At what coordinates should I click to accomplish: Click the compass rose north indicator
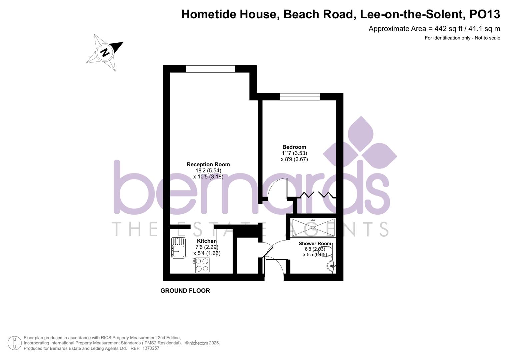[105, 52]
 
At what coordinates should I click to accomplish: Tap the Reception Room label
[208, 164]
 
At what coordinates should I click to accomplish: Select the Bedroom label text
[294, 147]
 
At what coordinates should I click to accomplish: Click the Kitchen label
[207, 241]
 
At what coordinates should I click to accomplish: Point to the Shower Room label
[315, 244]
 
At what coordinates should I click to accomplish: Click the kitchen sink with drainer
[178, 248]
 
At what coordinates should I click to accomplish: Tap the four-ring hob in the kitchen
[202, 265]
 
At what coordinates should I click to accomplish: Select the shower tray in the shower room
[313, 227]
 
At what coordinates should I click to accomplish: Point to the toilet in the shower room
[331, 251]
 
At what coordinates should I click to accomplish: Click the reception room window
[210, 69]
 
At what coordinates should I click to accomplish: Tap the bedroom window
[300, 97]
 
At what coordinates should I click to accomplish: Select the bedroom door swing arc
[277, 188]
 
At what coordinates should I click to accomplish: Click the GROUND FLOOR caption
[185, 291]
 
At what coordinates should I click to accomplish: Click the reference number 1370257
[151, 348]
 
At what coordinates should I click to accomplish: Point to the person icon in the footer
[14, 343]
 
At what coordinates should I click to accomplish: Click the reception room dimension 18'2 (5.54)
[208, 170]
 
